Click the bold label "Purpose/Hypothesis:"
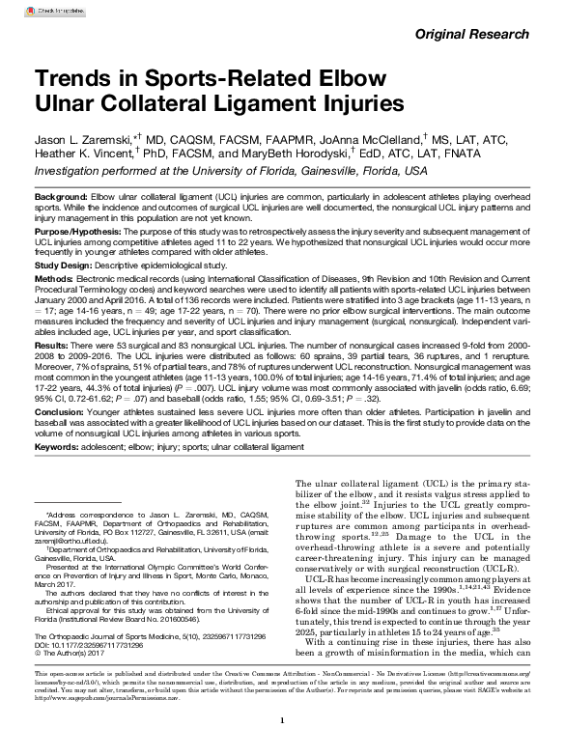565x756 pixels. (78, 233)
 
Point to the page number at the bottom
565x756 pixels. (281, 720)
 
